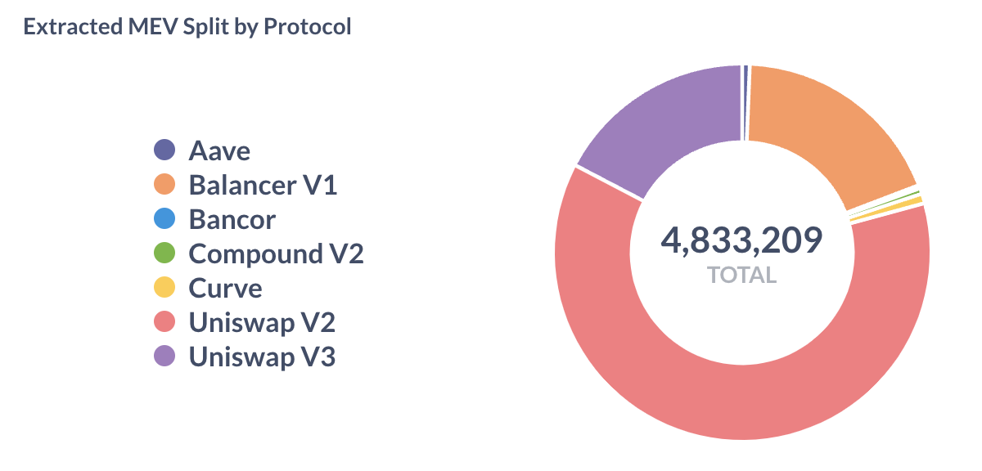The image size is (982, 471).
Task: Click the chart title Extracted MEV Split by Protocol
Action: [187, 26]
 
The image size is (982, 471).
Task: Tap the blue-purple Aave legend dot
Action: [164, 150]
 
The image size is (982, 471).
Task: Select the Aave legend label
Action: [219, 151]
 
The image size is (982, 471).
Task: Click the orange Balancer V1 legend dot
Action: [164, 185]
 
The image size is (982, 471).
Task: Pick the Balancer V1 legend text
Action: [263, 186]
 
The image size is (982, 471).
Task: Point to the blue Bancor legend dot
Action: [164, 219]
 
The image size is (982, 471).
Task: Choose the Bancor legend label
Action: [232, 220]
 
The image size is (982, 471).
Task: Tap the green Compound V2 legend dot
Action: [164, 253]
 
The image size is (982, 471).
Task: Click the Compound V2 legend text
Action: [276, 254]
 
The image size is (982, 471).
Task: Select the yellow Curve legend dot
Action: [164, 288]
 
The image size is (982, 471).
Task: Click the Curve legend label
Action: [226, 289]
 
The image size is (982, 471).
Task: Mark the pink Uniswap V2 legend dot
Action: [164, 322]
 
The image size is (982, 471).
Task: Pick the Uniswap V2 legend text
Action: [262, 323]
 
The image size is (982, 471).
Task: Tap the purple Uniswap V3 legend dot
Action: [164, 357]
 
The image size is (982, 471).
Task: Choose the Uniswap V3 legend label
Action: [262, 357]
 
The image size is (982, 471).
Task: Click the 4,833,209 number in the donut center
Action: [742, 241]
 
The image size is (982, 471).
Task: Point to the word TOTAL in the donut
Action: [742, 275]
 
